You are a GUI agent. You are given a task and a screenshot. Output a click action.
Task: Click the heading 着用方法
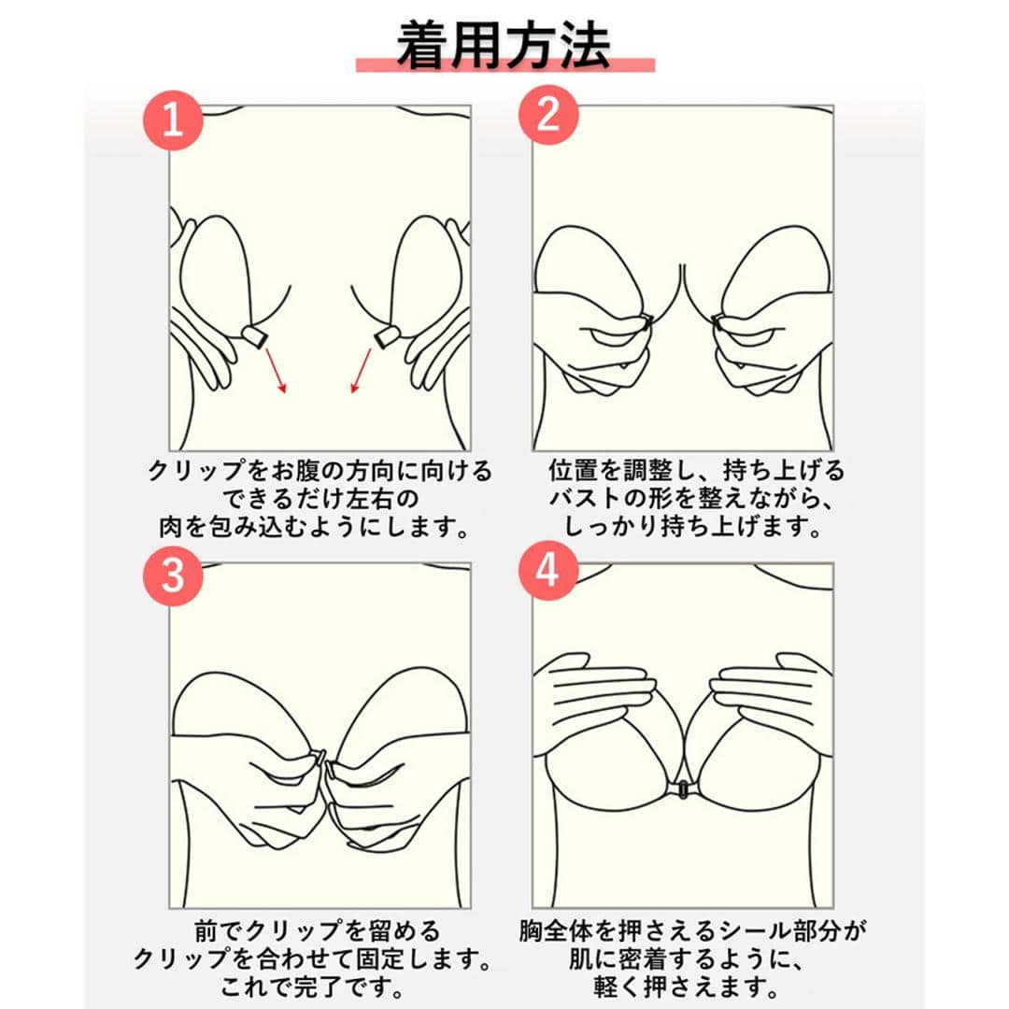pyautogui.click(x=504, y=45)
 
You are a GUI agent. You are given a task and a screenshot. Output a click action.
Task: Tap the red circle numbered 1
pyautogui.click(x=173, y=120)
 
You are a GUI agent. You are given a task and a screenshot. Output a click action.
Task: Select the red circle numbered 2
pyautogui.click(x=548, y=115)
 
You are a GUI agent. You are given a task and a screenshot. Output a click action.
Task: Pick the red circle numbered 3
pyautogui.click(x=173, y=576)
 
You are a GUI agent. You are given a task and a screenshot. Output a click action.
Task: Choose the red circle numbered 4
pyautogui.click(x=548, y=570)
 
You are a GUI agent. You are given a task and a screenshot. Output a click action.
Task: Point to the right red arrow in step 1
pyautogui.click(x=361, y=370)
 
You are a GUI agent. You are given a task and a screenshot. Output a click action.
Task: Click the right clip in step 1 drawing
pyautogui.click(x=388, y=336)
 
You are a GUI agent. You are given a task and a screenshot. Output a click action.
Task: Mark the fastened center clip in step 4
pyautogui.click(x=682, y=789)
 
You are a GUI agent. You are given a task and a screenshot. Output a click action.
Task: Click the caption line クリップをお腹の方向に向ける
pyautogui.click(x=320, y=471)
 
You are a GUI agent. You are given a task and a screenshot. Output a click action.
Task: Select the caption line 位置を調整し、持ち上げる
pyautogui.click(x=696, y=471)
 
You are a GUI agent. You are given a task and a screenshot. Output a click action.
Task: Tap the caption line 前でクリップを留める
pyautogui.click(x=318, y=931)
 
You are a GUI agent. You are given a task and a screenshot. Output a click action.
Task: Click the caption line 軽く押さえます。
pyautogui.click(x=686, y=987)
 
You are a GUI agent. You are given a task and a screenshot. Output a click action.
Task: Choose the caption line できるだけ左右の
pyautogui.click(x=320, y=499)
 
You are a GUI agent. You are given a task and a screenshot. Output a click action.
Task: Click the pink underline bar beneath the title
pyautogui.click(x=505, y=65)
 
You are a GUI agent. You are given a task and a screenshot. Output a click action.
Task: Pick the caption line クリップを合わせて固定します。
pyautogui.click(x=313, y=959)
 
